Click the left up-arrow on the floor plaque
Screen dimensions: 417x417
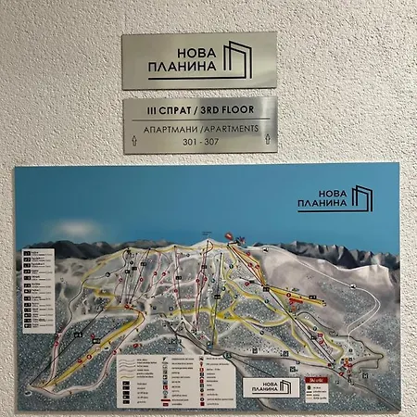(x=134, y=140)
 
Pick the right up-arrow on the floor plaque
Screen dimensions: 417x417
(x=266, y=140)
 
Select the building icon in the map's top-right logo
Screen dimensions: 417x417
(x=360, y=197)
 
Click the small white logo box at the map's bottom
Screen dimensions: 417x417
(x=272, y=386)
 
